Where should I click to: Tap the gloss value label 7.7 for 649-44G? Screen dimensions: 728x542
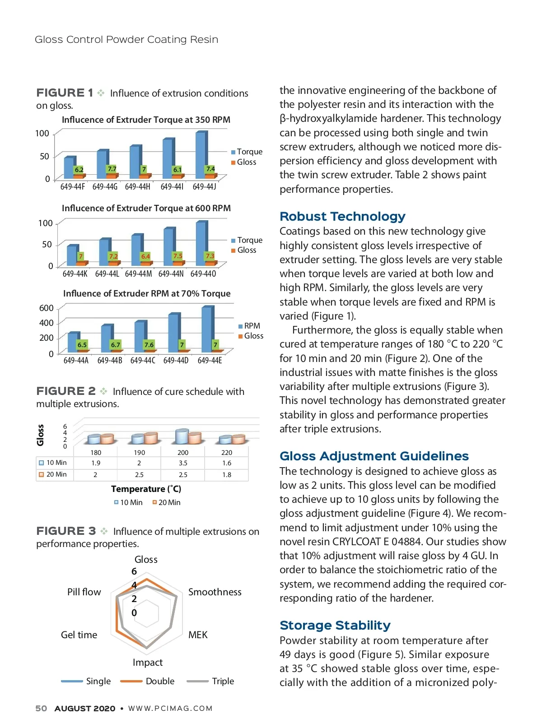112,169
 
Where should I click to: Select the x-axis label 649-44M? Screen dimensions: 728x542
138,274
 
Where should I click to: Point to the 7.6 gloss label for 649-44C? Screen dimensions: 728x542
149,345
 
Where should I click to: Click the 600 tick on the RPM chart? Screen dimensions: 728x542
47,308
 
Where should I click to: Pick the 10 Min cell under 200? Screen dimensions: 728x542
183,463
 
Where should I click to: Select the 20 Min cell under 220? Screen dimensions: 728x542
227,475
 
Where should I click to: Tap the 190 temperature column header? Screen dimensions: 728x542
140,453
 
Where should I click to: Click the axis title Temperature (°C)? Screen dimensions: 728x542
146,489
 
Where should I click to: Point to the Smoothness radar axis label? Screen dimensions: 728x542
215,592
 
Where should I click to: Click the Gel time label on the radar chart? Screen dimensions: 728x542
79,635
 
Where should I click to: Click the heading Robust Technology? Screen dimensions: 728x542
342,217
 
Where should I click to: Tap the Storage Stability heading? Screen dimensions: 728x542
335,626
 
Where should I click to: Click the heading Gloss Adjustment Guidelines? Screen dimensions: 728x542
374,456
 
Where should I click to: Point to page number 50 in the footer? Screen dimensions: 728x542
41,709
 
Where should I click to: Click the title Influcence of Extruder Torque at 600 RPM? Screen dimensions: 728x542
146,209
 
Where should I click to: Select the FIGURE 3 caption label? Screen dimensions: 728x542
66,531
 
